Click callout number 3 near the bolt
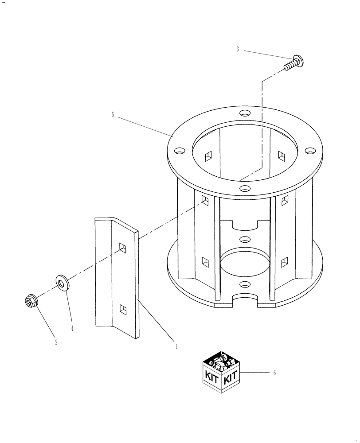238,50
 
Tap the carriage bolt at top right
292,62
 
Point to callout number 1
176,346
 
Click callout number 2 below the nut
56,342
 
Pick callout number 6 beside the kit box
274,373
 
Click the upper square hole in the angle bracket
122,248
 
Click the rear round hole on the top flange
245,113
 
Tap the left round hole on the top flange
179,151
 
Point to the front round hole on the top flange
243,189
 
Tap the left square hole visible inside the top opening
208,155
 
